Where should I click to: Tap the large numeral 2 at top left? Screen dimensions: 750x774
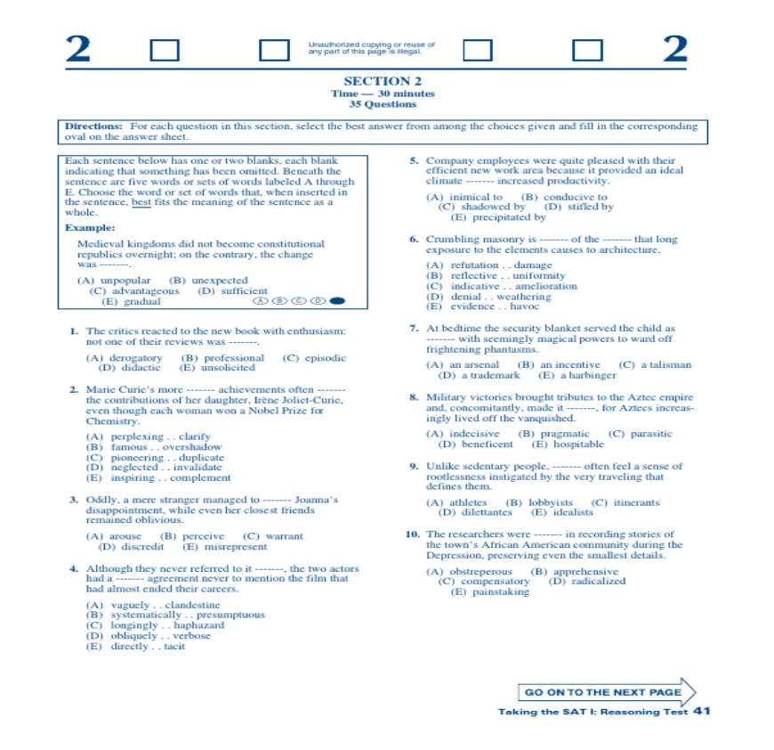(x=78, y=50)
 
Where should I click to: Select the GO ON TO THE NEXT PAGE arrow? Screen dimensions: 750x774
(x=607, y=692)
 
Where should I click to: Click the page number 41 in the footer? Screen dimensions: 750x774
(x=701, y=711)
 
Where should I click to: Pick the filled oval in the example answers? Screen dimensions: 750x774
(x=336, y=301)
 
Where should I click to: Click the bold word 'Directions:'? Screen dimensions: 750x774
(x=93, y=126)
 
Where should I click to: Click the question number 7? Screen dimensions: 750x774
(x=414, y=329)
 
